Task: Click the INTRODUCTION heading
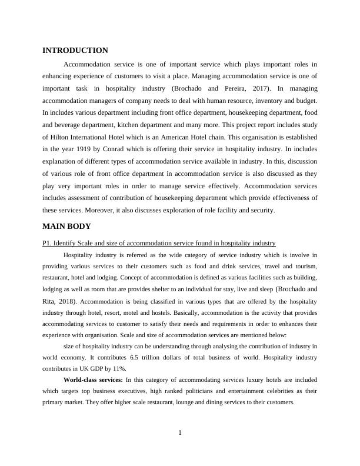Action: click(75, 51)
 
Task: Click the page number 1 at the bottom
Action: click(180, 434)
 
